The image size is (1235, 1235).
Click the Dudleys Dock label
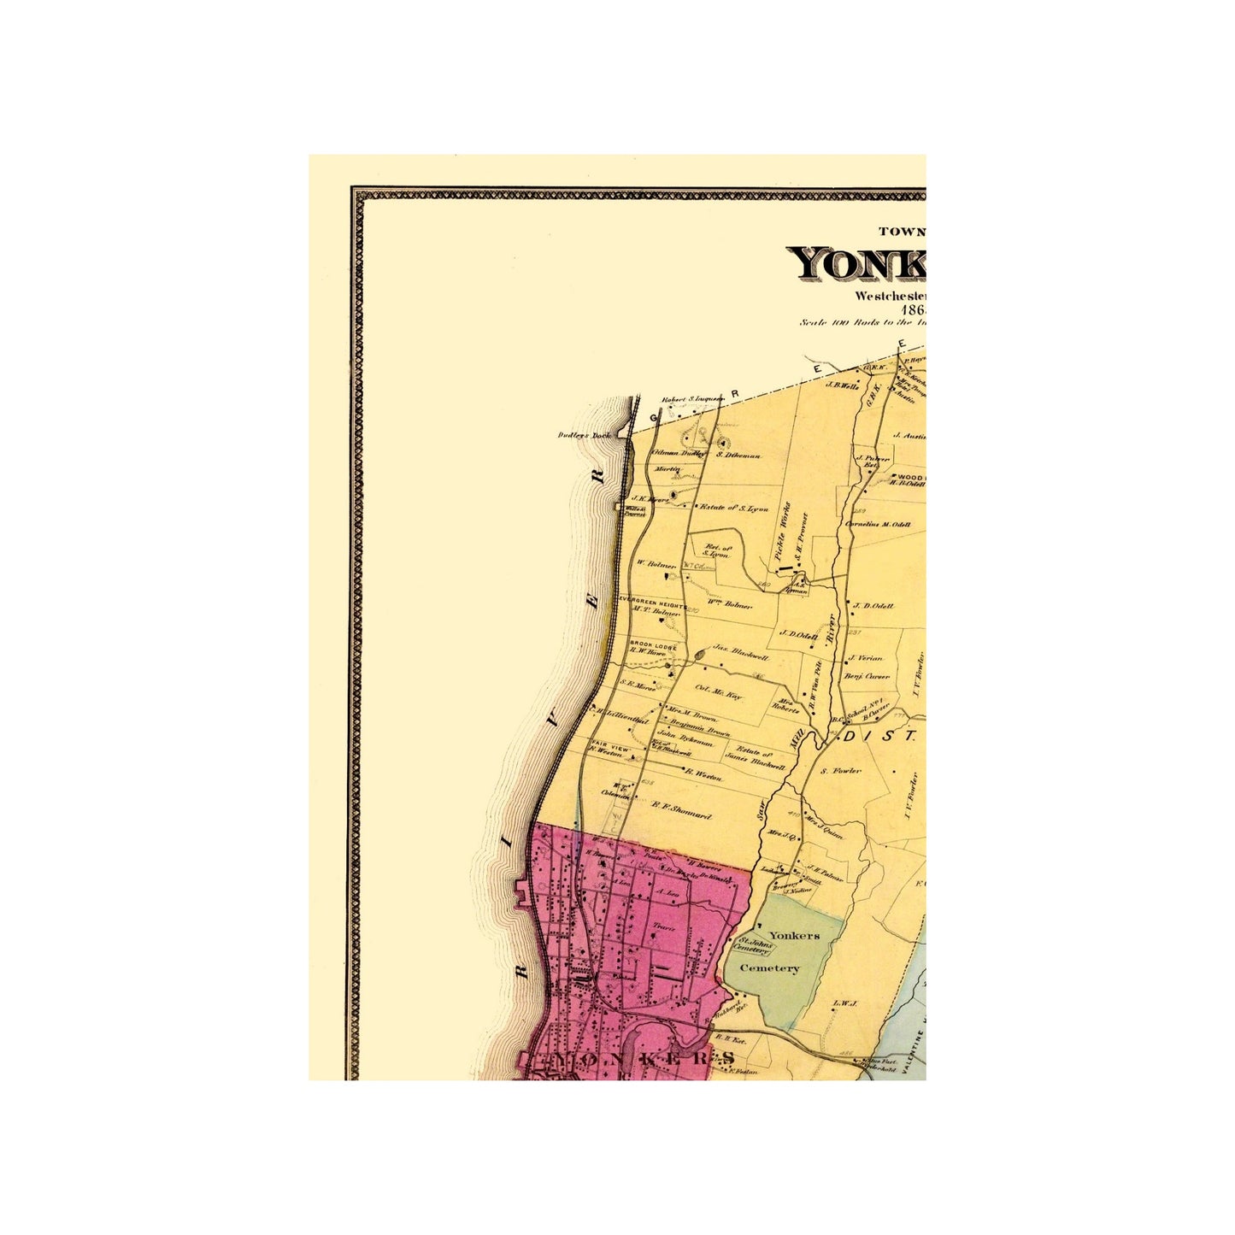tap(585, 435)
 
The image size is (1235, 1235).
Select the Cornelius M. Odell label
tap(878, 525)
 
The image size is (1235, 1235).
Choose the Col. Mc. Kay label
tap(718, 692)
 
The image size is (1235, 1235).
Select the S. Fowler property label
tap(841, 771)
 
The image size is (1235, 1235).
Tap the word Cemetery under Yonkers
tap(769, 968)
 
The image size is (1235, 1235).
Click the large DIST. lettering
tap(880, 735)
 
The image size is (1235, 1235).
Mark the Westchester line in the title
tap(889, 296)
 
